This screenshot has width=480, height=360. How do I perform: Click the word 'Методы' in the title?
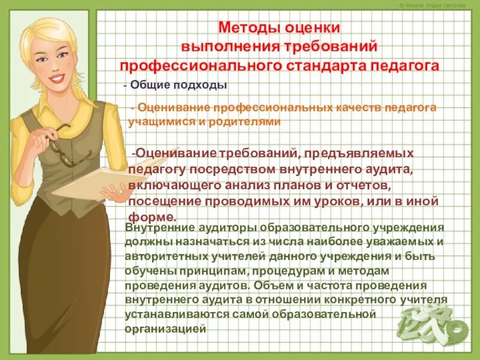[x=246, y=28]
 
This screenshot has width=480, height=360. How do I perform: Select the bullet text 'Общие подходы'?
[x=178, y=85]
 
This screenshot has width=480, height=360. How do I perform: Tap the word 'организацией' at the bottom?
[x=166, y=328]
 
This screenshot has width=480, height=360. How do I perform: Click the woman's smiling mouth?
[x=56, y=79]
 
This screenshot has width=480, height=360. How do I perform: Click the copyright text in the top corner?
[x=441, y=5]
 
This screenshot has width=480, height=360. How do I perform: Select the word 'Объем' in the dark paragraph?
[x=268, y=284]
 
